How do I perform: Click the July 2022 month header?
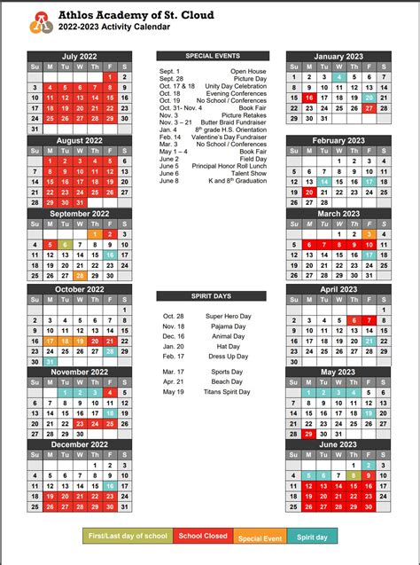click(79, 57)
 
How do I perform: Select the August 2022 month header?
click(79, 140)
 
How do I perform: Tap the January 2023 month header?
click(338, 57)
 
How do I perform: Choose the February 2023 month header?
click(338, 140)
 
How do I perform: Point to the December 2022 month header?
click(79, 444)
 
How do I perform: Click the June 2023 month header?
click(338, 444)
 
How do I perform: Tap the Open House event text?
click(249, 71)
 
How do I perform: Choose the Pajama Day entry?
click(226, 326)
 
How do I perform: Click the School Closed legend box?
click(203, 537)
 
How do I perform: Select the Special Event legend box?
click(261, 537)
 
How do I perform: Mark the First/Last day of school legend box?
click(128, 537)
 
